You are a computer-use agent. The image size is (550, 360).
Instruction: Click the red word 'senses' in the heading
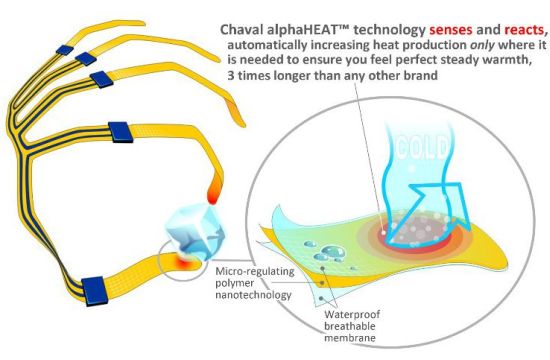[x=451, y=30]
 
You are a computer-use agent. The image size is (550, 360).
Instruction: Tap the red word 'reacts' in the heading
[x=524, y=30]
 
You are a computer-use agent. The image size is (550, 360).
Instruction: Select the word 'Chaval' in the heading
[x=242, y=29]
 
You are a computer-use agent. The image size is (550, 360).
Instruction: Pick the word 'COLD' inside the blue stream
[x=422, y=147]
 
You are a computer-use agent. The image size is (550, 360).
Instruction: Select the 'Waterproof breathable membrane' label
[x=352, y=326]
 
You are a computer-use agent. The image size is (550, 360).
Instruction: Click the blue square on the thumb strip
[x=95, y=291]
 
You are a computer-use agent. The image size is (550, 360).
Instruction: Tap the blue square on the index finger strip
[x=120, y=132]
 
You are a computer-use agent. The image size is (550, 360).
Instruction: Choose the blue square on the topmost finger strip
[x=65, y=50]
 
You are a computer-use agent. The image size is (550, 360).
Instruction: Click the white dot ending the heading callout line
[x=383, y=233]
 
